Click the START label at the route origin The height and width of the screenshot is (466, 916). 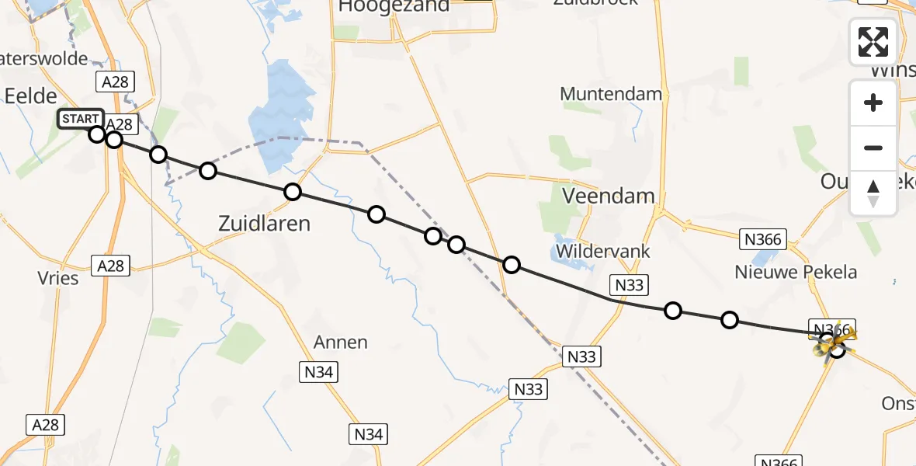(x=79, y=119)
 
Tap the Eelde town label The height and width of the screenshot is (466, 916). (x=31, y=96)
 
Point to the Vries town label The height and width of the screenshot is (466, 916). (x=58, y=277)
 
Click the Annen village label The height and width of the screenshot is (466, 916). (x=341, y=342)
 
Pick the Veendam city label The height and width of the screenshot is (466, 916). (x=609, y=196)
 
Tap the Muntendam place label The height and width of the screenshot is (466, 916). (x=611, y=95)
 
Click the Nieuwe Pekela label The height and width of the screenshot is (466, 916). (x=796, y=272)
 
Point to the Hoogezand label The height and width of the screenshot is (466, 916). (x=394, y=6)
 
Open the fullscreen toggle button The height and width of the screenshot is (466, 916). (x=873, y=41)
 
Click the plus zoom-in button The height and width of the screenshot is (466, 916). (x=873, y=103)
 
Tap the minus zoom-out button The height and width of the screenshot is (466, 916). (x=873, y=148)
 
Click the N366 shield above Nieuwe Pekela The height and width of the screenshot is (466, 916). (x=762, y=239)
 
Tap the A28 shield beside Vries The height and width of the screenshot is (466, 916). (x=110, y=266)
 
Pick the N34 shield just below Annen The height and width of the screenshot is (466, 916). (x=318, y=373)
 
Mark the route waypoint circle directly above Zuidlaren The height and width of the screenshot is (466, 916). (x=292, y=192)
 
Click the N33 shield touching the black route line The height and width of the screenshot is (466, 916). (x=629, y=285)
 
